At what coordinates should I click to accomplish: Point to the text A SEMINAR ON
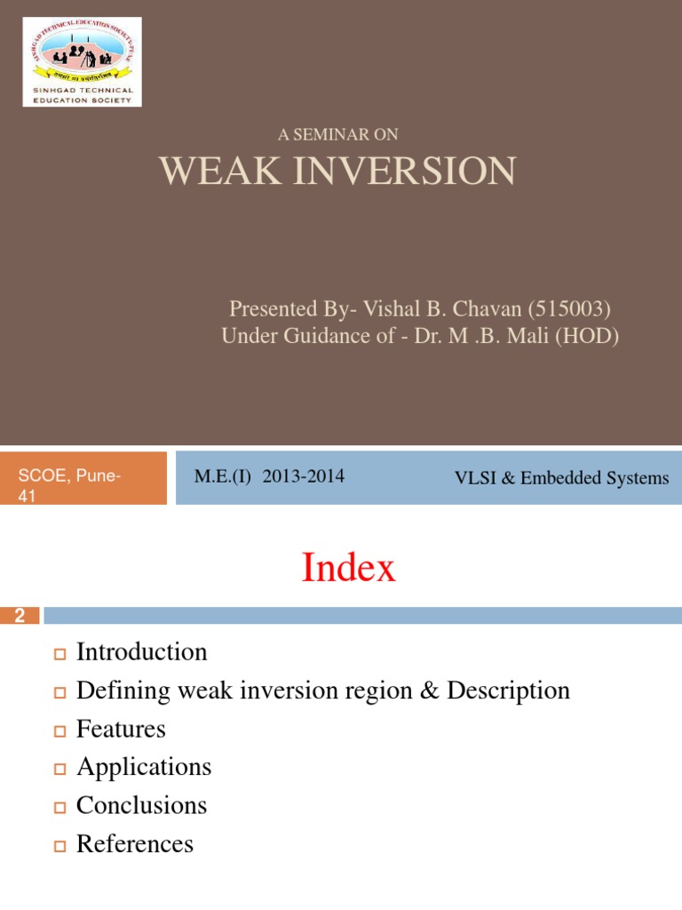[x=337, y=134]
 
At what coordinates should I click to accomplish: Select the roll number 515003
[x=568, y=309]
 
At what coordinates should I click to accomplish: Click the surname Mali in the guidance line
[x=518, y=337]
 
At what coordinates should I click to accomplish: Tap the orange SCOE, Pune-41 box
[x=83, y=478]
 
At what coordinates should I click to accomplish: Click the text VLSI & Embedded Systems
[x=561, y=478]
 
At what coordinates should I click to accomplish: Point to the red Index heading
[x=348, y=568]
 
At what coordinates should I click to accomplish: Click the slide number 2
[x=20, y=616]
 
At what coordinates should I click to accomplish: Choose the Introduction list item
[x=141, y=652]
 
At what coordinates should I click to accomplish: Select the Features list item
[x=121, y=730]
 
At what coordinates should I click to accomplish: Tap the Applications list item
[x=144, y=767]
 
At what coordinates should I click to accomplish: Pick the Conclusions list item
[x=141, y=805]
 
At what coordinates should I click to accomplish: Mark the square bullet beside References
[x=60, y=845]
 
